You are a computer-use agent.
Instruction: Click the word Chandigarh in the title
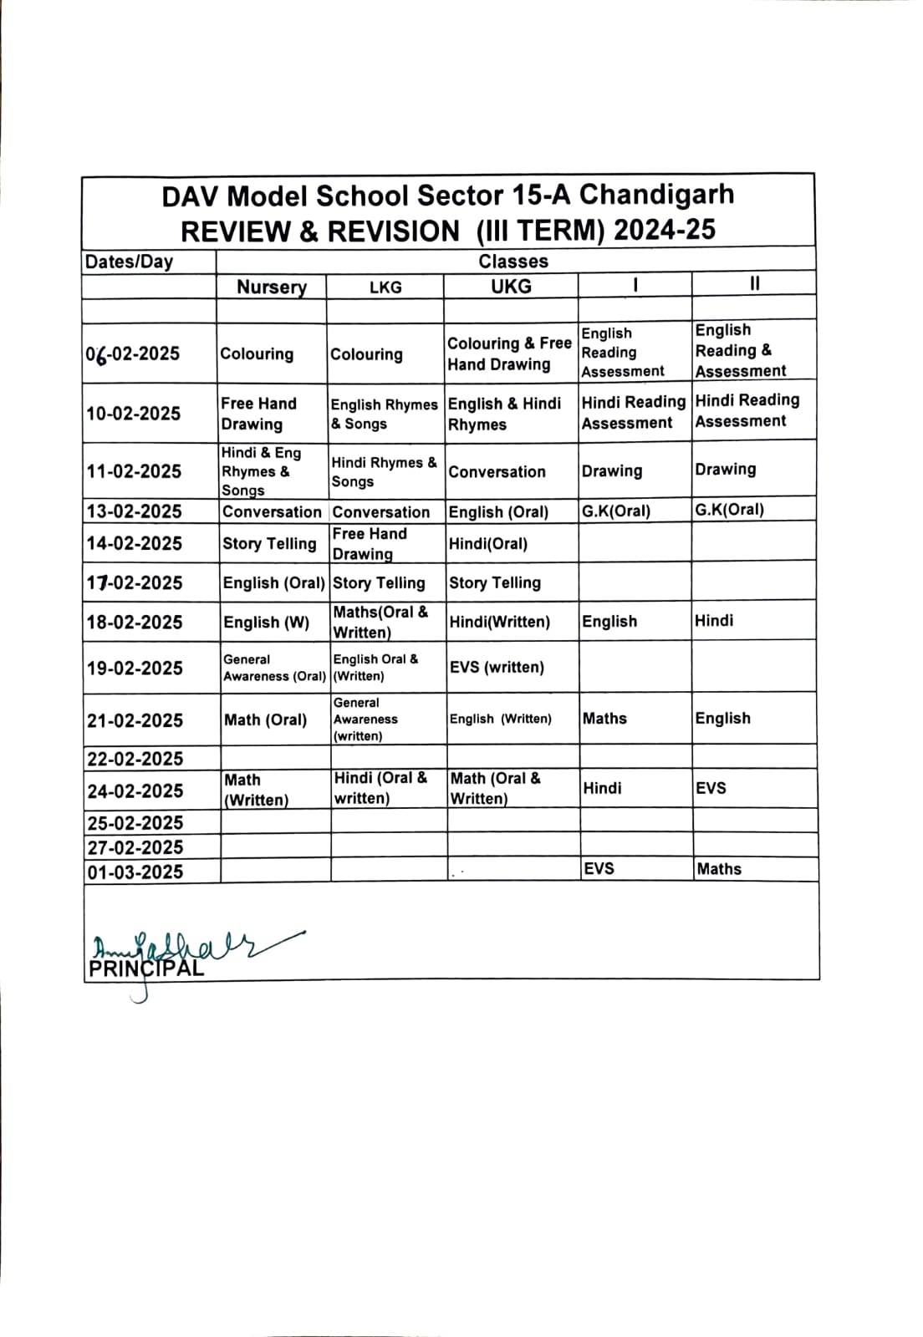(656, 195)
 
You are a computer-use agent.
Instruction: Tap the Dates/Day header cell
(129, 262)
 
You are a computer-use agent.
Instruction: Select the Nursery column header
(271, 287)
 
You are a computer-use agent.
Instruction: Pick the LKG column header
(385, 287)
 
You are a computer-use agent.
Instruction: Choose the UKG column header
(511, 287)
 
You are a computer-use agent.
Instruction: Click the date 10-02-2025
(134, 414)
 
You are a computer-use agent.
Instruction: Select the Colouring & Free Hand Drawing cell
(509, 353)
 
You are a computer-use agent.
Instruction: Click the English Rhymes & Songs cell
(384, 414)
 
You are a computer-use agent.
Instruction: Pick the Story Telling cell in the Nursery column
(269, 544)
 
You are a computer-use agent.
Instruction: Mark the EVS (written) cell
(497, 667)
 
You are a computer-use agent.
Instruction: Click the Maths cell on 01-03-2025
(719, 869)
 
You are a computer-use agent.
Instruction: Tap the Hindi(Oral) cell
(488, 544)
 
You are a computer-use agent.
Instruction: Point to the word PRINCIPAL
(146, 969)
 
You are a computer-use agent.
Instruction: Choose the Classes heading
(513, 262)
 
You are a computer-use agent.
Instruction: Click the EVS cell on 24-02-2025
(711, 788)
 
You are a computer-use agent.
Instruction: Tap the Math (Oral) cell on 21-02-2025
(265, 719)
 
